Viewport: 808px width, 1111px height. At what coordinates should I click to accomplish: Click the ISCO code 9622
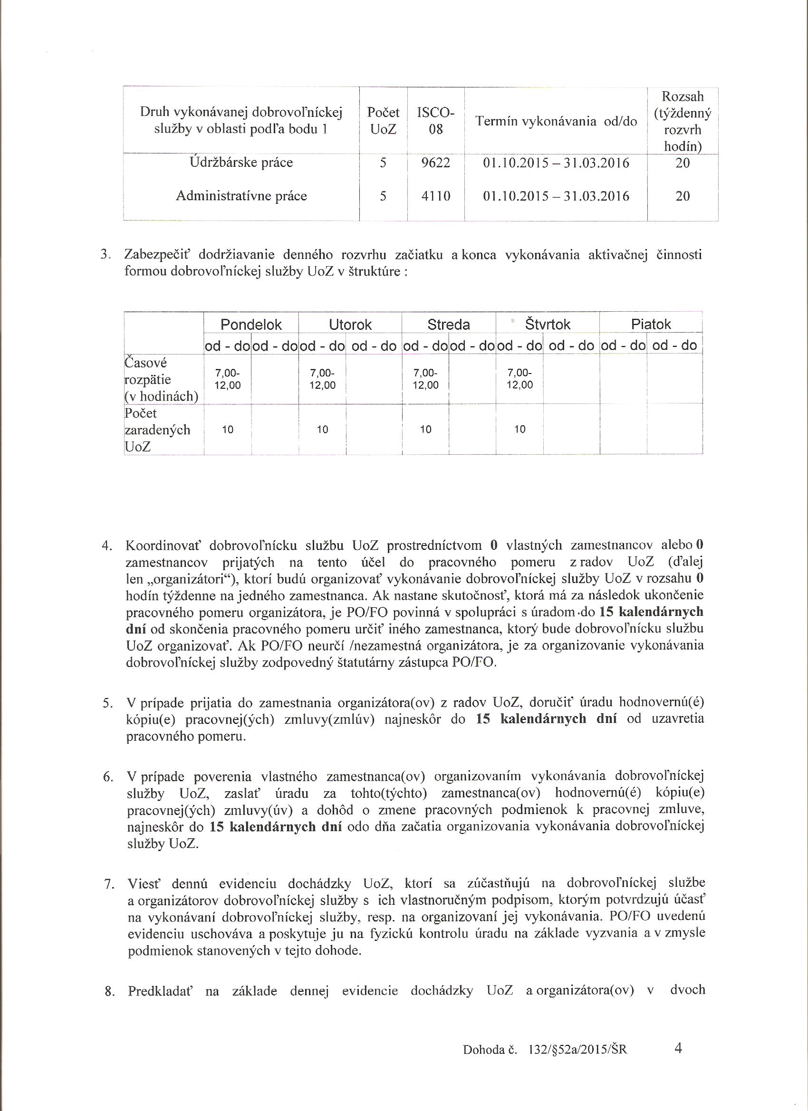pos(435,163)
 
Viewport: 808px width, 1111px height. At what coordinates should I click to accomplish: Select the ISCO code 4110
pos(435,196)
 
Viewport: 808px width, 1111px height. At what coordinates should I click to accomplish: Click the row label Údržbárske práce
pos(241,163)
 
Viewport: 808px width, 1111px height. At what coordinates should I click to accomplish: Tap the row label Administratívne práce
pos(241,196)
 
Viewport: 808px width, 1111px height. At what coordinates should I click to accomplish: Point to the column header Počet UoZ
pos(383,121)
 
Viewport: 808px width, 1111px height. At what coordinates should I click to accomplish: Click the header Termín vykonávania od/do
pos(556,122)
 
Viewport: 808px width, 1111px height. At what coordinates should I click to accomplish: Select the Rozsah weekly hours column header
pos(683,121)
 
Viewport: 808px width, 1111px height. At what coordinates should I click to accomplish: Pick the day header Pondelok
pos(251,324)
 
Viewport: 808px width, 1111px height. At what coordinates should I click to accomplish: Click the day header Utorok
pos(350,324)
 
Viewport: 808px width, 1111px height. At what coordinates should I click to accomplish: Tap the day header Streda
pos(448,324)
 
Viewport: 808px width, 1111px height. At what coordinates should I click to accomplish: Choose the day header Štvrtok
pos(548,324)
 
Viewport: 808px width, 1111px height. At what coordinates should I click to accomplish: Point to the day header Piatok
pos(651,324)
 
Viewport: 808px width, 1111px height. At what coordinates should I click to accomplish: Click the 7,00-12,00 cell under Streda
pos(425,379)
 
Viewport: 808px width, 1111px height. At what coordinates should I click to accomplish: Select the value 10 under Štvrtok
pos(519,430)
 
